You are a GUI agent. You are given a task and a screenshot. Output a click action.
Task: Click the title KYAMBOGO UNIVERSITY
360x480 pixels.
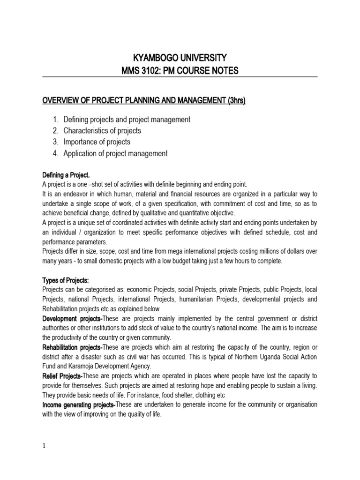tap(180, 58)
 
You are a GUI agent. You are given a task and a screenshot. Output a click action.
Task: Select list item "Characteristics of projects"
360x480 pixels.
tap(102, 131)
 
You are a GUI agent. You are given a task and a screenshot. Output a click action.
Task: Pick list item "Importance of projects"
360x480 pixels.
tap(97, 142)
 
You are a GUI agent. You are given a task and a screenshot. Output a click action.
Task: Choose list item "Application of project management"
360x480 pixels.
tap(115, 153)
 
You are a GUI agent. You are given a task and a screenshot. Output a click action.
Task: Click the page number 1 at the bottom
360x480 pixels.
tap(44, 446)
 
